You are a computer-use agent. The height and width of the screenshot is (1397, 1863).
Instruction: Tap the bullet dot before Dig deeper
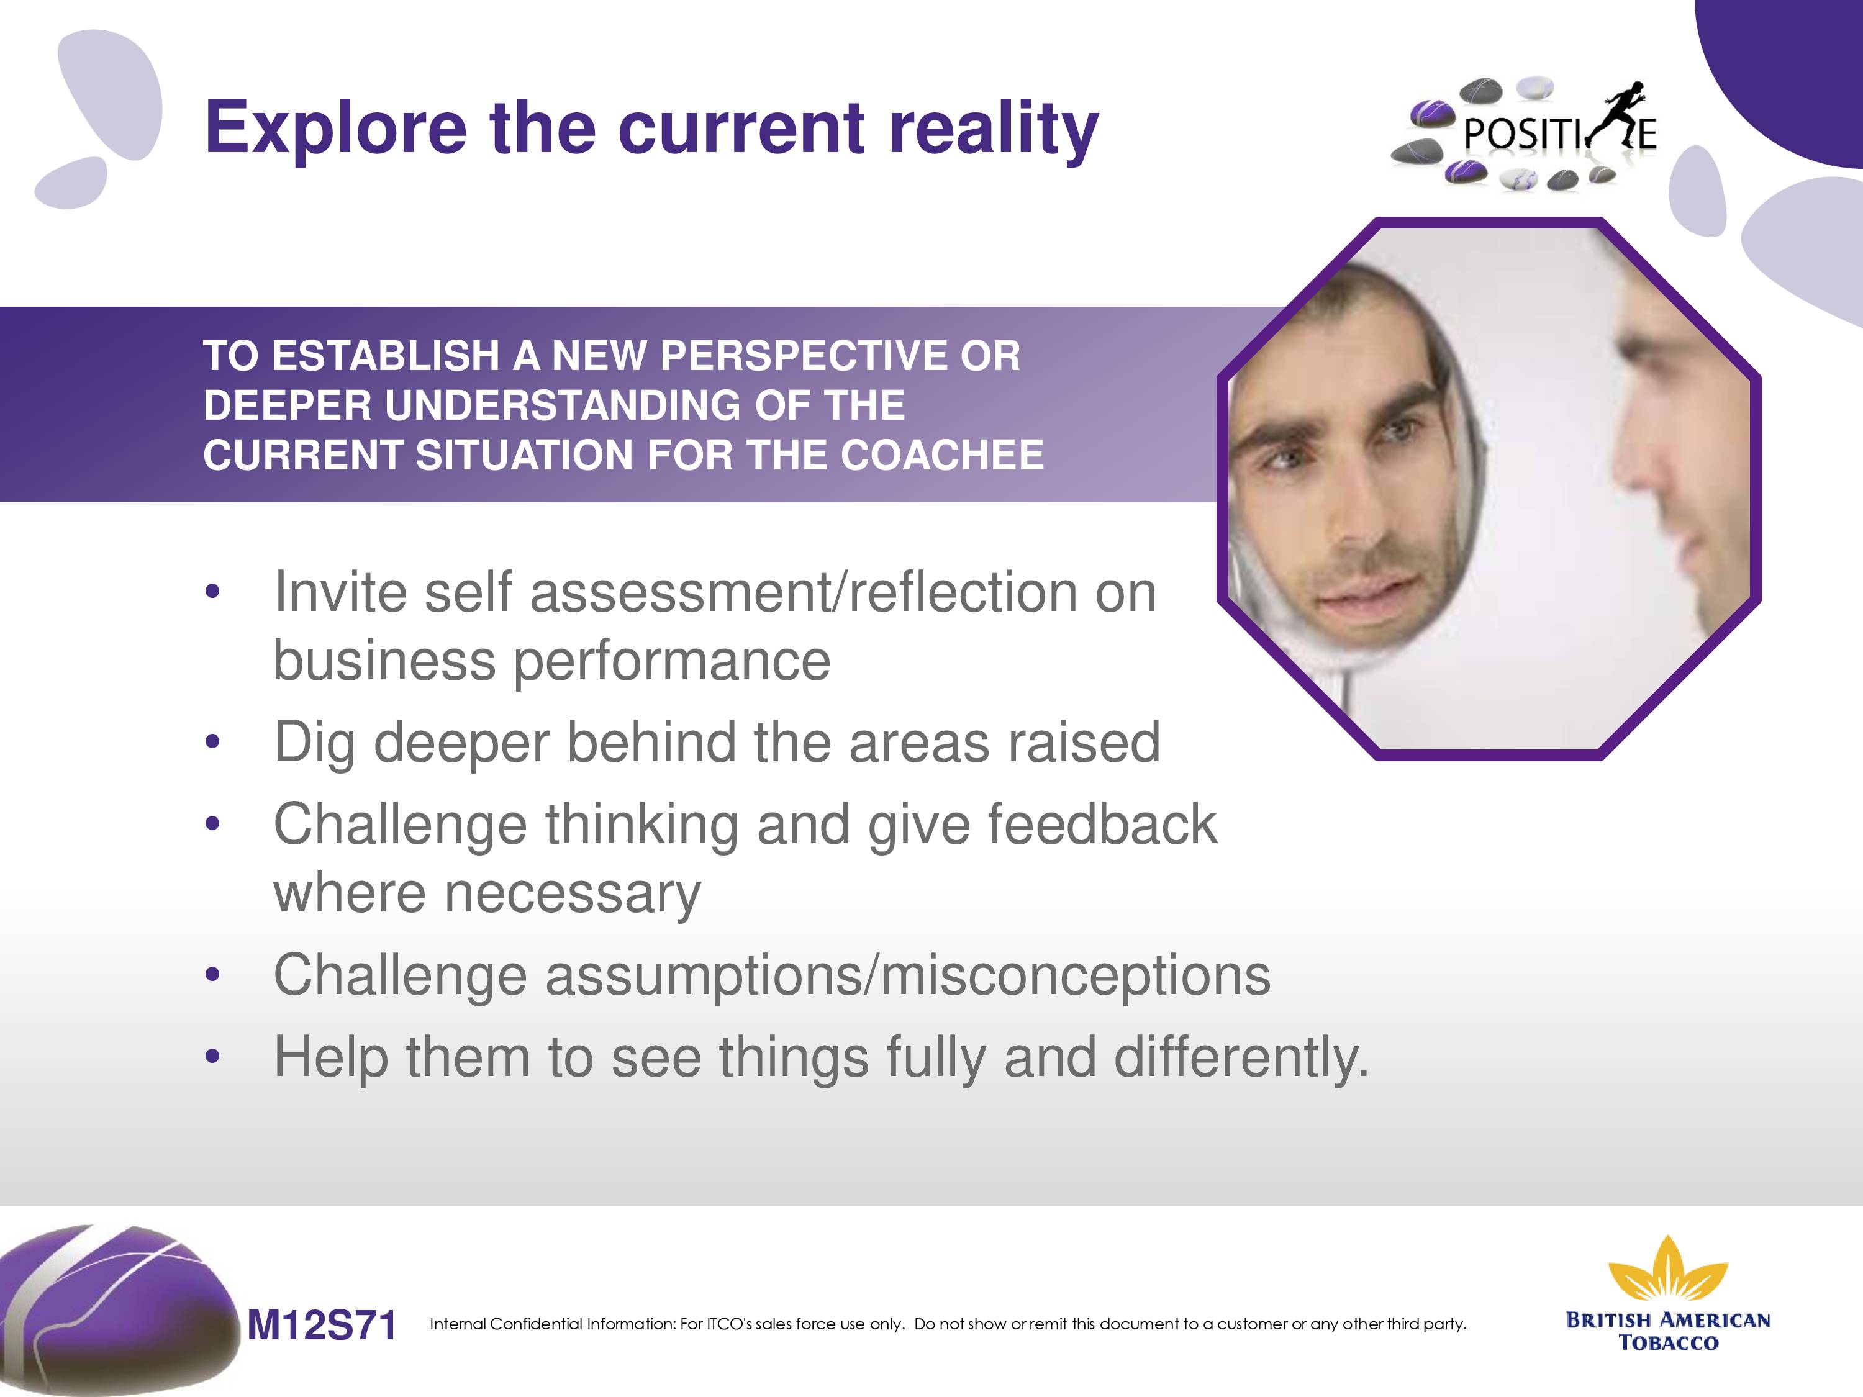[212, 743]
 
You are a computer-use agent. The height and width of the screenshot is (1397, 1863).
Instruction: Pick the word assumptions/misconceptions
[908, 976]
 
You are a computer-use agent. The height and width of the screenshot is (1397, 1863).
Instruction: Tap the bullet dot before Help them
[212, 1057]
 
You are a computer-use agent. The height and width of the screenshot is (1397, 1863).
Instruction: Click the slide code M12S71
[321, 1326]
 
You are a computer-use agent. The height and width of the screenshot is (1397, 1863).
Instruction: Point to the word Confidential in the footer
[537, 1324]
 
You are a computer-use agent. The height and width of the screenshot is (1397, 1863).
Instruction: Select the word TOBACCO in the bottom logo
[1669, 1342]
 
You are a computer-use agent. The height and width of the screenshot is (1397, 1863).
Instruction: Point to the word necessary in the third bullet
[572, 894]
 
